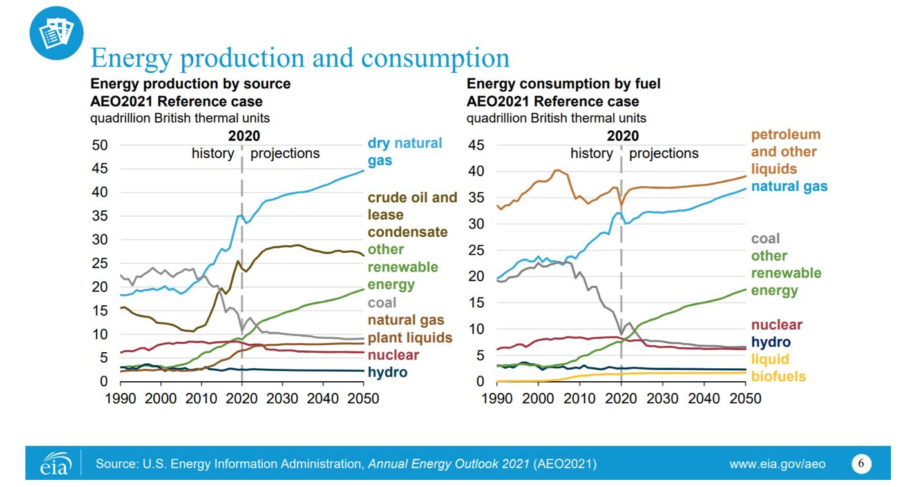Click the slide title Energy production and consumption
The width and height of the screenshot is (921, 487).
coord(300,58)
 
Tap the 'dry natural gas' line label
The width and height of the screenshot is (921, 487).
coord(404,152)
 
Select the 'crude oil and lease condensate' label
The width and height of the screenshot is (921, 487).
coord(412,214)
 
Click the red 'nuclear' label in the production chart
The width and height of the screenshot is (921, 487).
coord(393,355)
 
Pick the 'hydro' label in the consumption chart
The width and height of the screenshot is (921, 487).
coord(771,342)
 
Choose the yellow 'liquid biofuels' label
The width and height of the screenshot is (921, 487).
coord(778,368)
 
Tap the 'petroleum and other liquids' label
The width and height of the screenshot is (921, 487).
coord(786,152)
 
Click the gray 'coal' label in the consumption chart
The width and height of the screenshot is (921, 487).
coord(765,239)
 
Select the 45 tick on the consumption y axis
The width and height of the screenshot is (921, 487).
coord(475,145)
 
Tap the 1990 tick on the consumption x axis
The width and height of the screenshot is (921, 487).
coord(497,398)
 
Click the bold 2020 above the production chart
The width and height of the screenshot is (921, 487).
coord(244,135)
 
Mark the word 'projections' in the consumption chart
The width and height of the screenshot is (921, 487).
coord(663,154)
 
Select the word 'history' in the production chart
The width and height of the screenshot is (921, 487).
coord(213,154)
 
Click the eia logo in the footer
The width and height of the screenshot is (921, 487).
coord(54,464)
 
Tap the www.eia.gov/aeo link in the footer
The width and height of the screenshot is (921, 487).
coord(777,464)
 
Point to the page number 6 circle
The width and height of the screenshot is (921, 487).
coord(861,463)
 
